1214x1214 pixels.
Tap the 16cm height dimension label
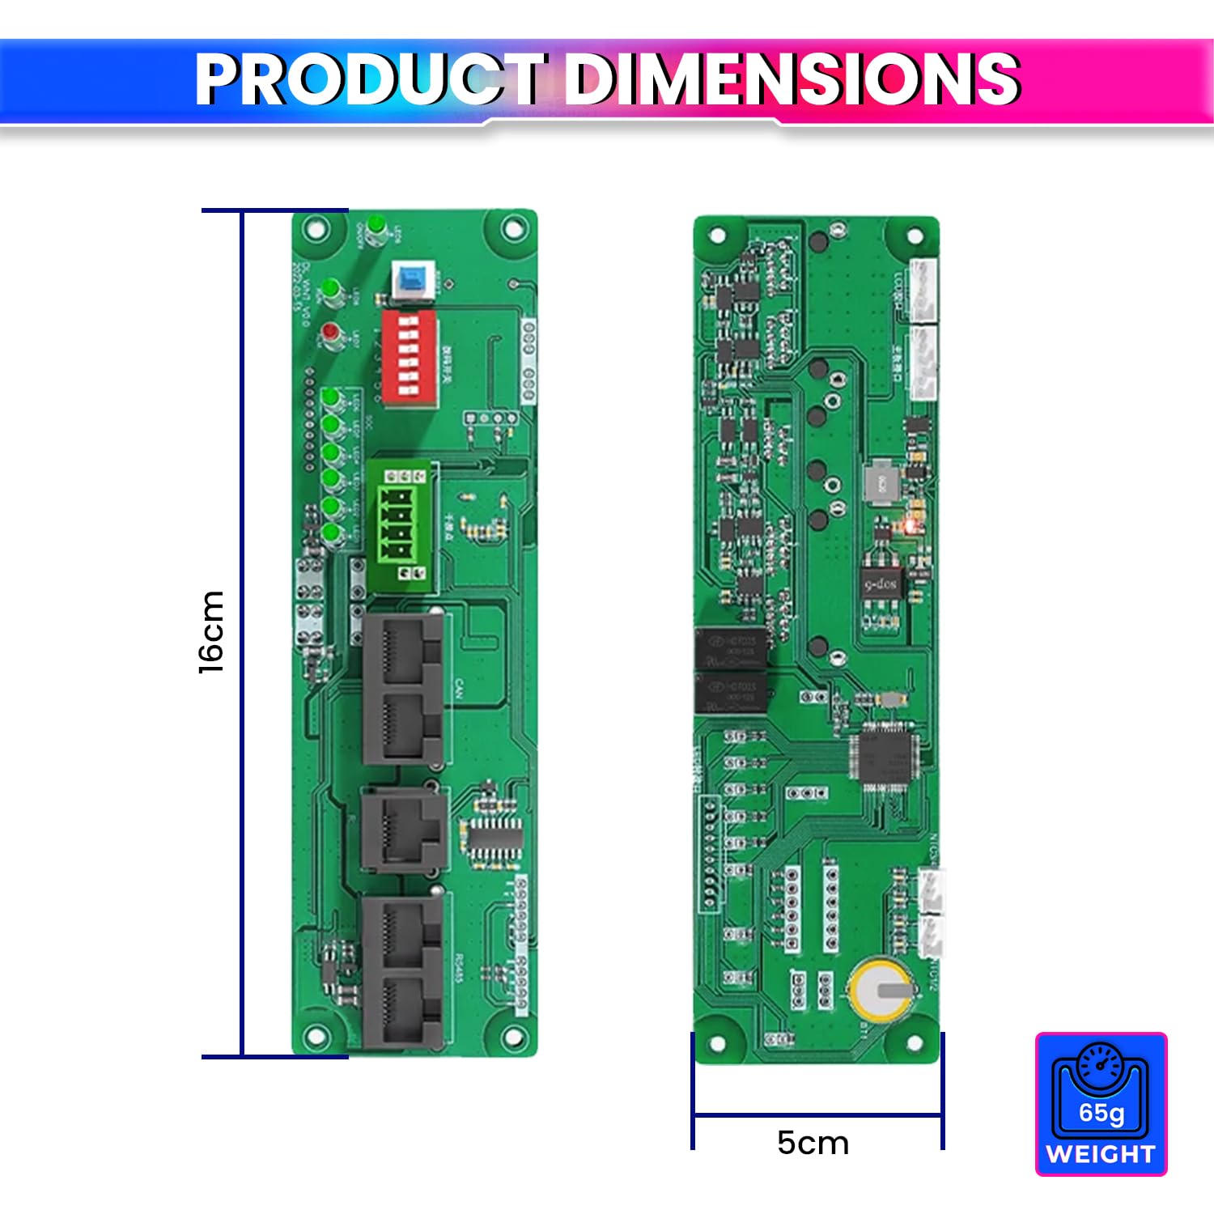click(x=212, y=632)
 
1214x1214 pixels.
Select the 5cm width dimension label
click(x=813, y=1143)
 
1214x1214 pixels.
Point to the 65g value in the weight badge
click(x=1101, y=1113)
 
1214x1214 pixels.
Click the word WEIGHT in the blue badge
click(x=1101, y=1153)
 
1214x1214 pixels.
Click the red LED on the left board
click(x=330, y=333)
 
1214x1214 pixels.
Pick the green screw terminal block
click(x=401, y=524)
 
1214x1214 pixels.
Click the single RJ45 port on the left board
click(x=403, y=830)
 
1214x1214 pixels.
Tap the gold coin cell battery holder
click(x=881, y=988)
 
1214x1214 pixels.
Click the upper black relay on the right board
click(x=730, y=647)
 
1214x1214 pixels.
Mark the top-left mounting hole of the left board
click(x=315, y=230)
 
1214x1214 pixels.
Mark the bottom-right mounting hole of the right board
click(x=915, y=1043)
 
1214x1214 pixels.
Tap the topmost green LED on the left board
click(x=375, y=224)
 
